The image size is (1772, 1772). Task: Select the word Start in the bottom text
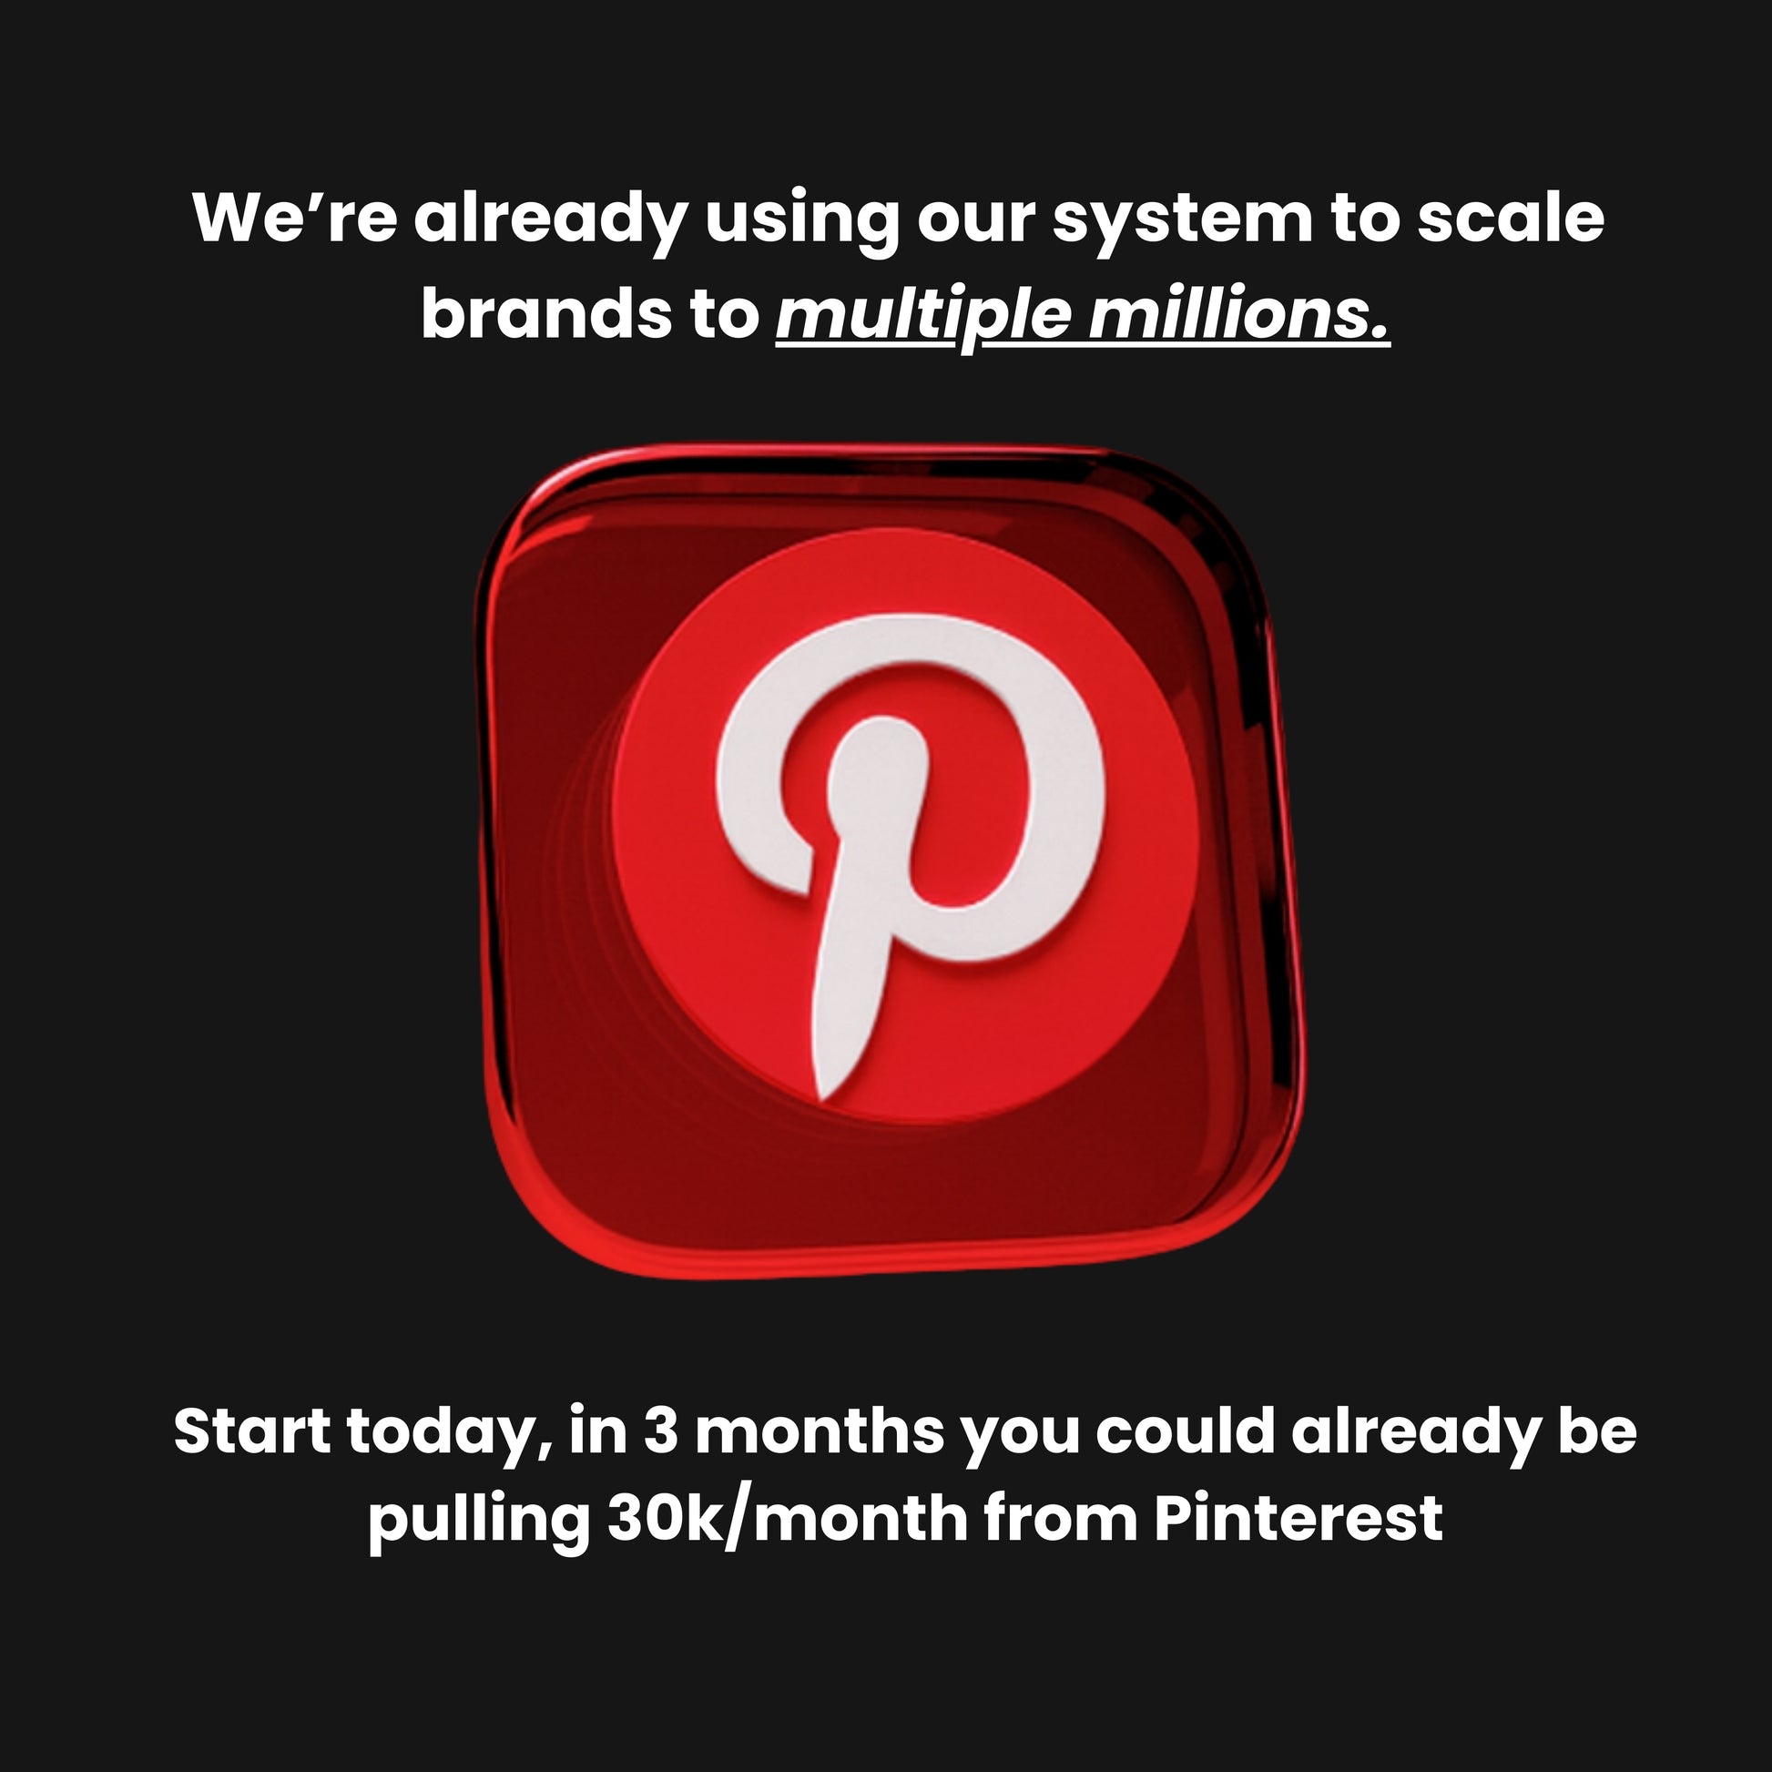pyautogui.click(x=252, y=1431)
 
